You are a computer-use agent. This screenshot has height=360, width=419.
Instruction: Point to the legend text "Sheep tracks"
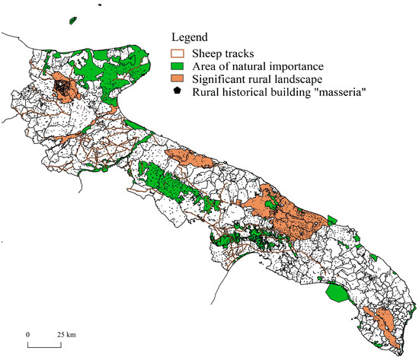tap(219, 53)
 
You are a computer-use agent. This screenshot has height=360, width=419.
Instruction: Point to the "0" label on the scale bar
tap(28, 334)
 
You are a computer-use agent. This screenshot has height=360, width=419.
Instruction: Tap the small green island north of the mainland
tap(75, 18)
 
